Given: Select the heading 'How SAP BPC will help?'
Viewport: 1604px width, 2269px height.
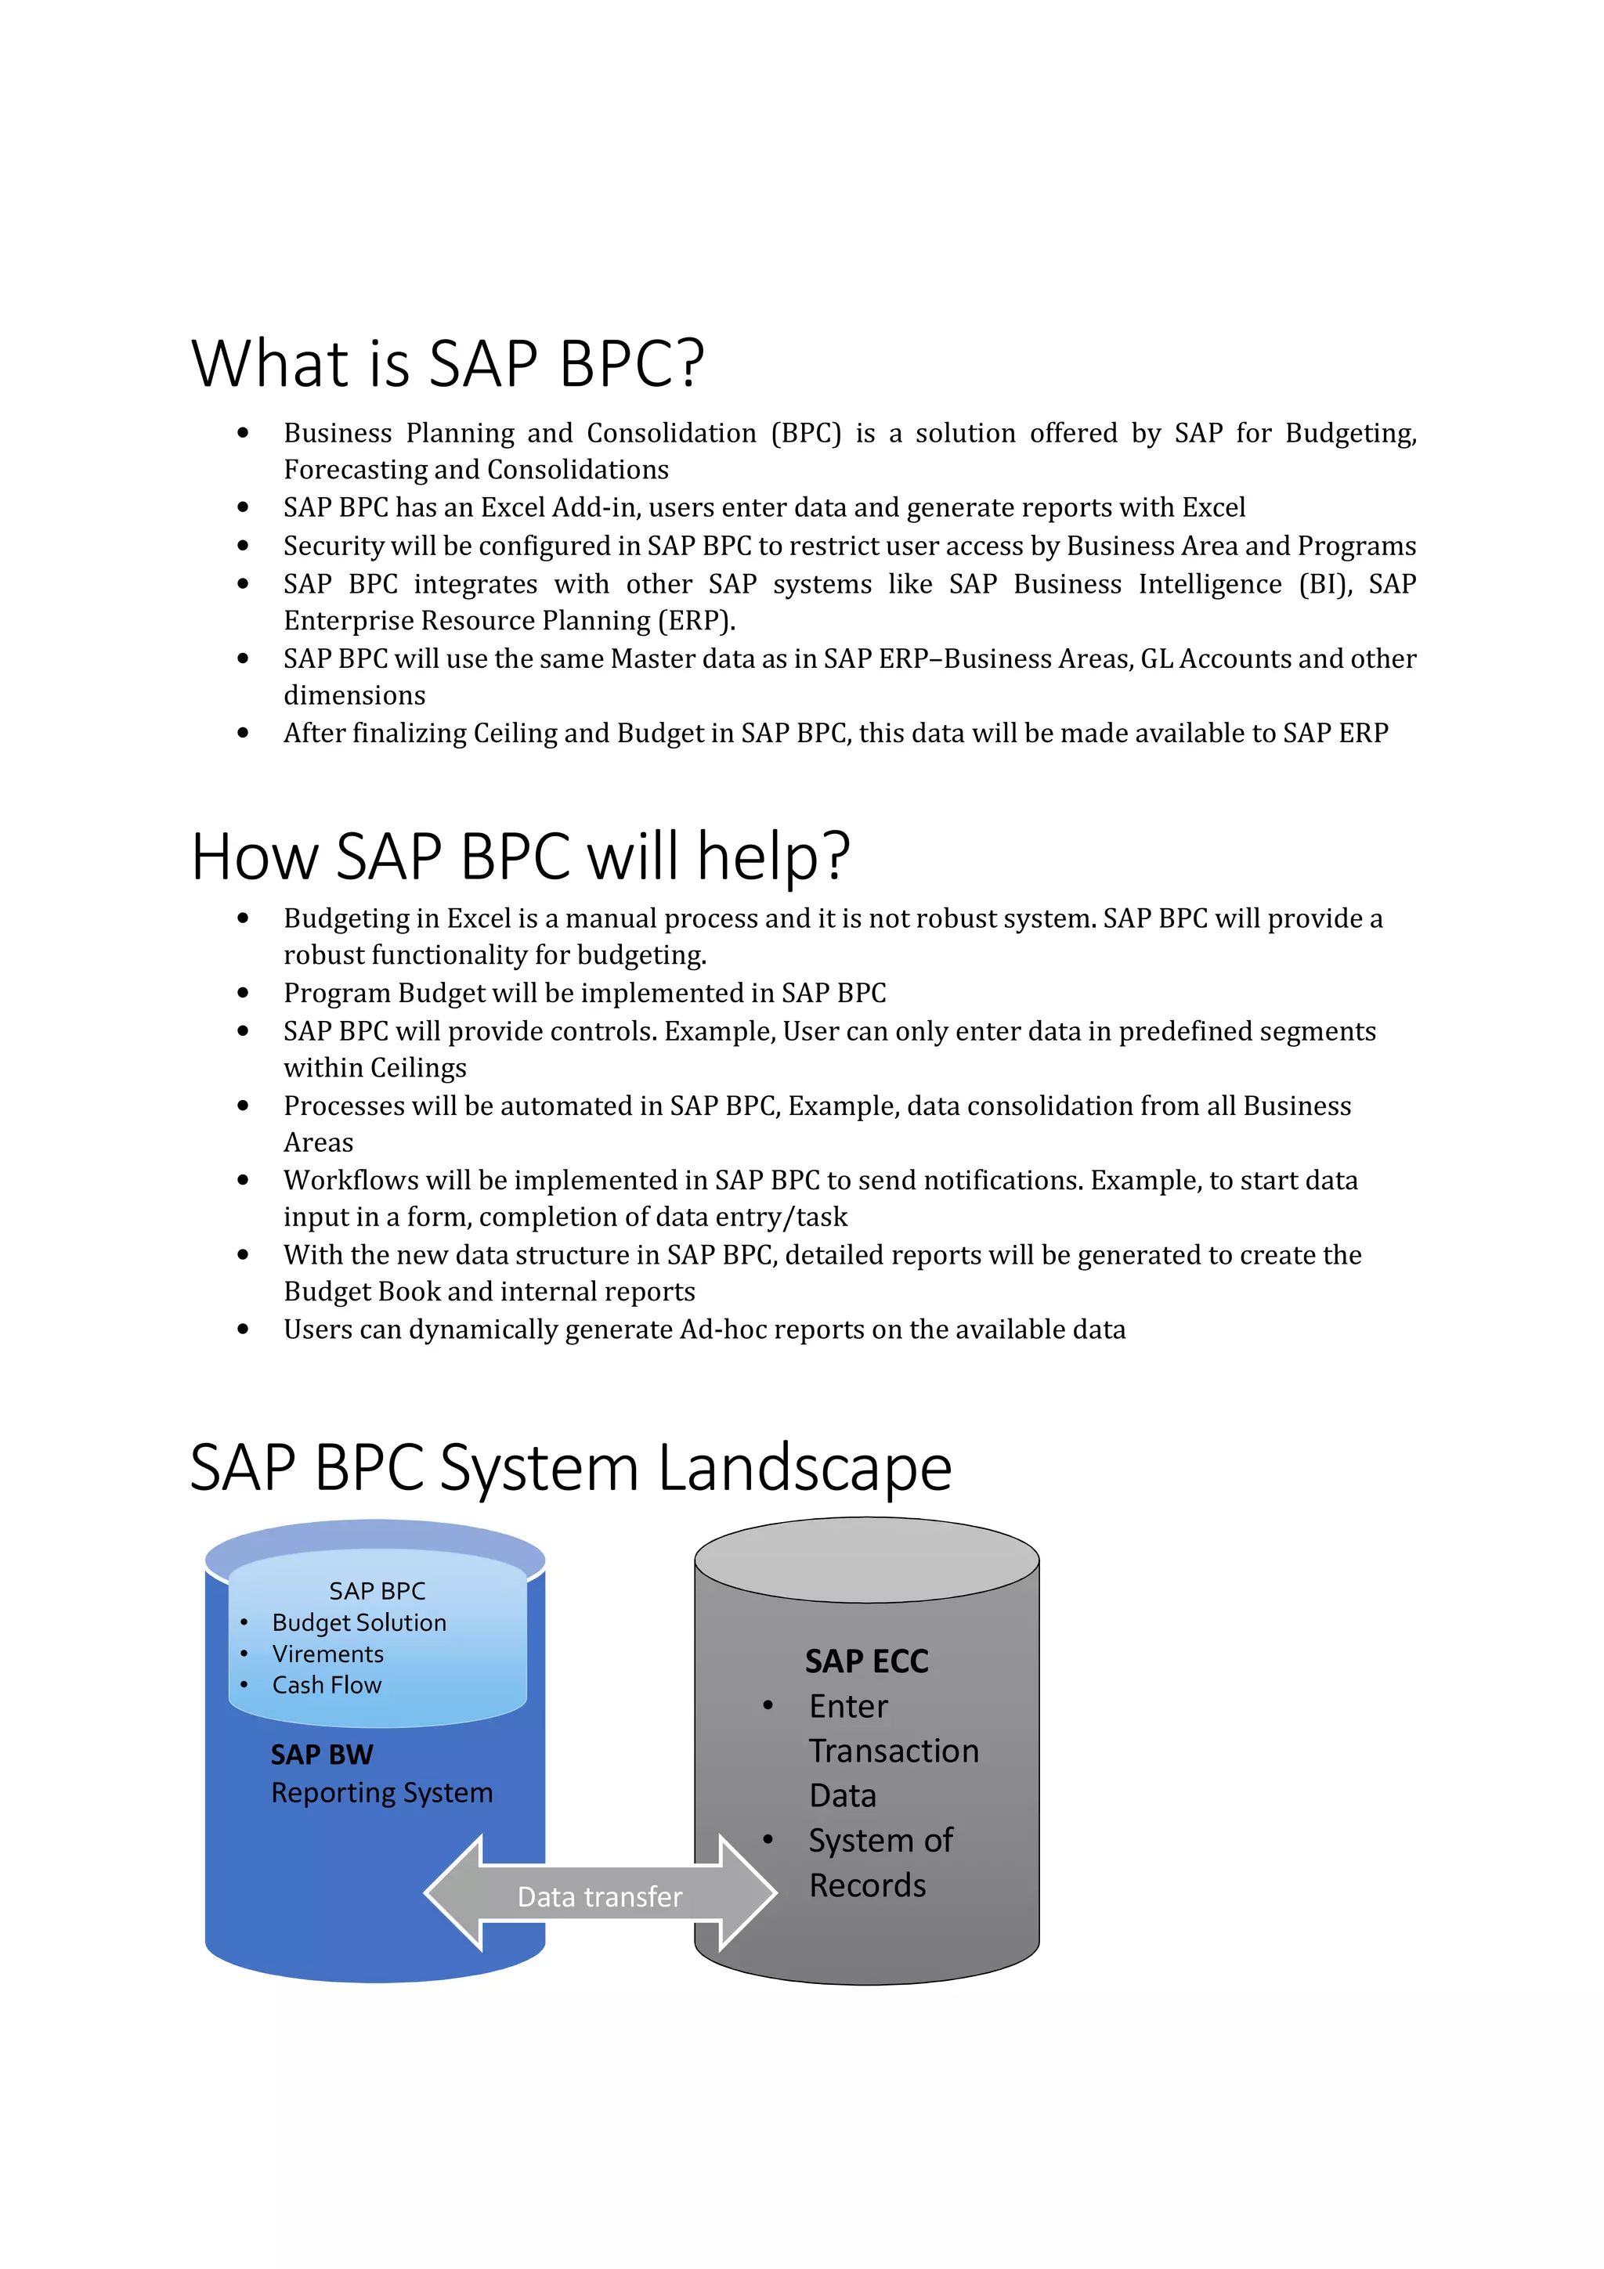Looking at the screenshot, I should [520, 856].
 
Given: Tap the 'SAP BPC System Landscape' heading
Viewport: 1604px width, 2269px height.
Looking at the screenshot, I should [570, 1467].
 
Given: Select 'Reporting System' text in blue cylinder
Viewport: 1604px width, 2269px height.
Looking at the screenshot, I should [381, 1793].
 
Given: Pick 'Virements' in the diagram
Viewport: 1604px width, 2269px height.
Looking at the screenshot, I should [327, 1654].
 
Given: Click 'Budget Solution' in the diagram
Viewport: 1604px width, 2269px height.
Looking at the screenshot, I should [359, 1623].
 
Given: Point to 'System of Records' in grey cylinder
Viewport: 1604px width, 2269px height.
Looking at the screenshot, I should [880, 1862].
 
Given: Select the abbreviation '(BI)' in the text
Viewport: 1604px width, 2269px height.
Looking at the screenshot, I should [1325, 584].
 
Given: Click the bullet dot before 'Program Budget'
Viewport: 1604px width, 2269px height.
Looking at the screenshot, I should [243, 994].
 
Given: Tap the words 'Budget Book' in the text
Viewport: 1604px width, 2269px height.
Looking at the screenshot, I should [361, 1292].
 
